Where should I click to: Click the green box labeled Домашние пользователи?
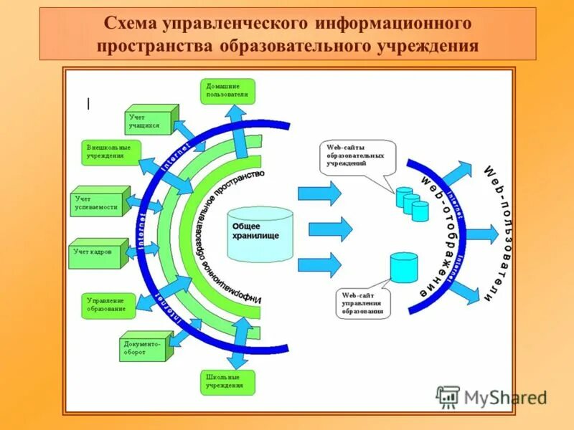227,91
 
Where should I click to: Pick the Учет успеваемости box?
99,202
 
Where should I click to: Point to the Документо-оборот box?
145,348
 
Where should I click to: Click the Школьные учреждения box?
227,381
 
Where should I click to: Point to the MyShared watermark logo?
492,396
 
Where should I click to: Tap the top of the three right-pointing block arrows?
319,193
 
